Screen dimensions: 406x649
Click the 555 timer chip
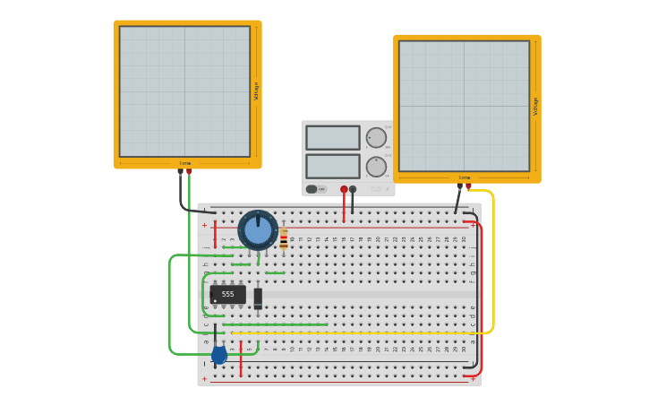(227, 294)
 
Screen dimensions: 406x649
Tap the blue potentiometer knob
(258, 230)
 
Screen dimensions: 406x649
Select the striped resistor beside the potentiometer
(284, 239)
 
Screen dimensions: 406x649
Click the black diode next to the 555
(258, 298)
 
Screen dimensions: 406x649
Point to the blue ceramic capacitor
(219, 355)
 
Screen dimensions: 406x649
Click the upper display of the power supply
(333, 137)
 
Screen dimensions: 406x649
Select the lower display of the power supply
(333, 166)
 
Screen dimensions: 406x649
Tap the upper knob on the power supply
(376, 137)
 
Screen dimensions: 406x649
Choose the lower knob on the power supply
(376, 167)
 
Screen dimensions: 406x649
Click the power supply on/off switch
(312, 189)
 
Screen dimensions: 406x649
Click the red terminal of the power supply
(344, 189)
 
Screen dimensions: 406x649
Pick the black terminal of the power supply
(353, 189)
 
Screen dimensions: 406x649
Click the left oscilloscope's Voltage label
(256, 91)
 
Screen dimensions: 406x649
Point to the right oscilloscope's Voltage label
(536, 106)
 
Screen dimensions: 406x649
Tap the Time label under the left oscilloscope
(185, 163)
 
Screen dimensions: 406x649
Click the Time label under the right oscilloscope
(465, 177)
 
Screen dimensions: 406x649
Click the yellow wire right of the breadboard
(493, 269)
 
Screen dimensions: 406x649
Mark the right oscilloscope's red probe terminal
(468, 186)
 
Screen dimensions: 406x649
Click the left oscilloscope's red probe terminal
(189, 171)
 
